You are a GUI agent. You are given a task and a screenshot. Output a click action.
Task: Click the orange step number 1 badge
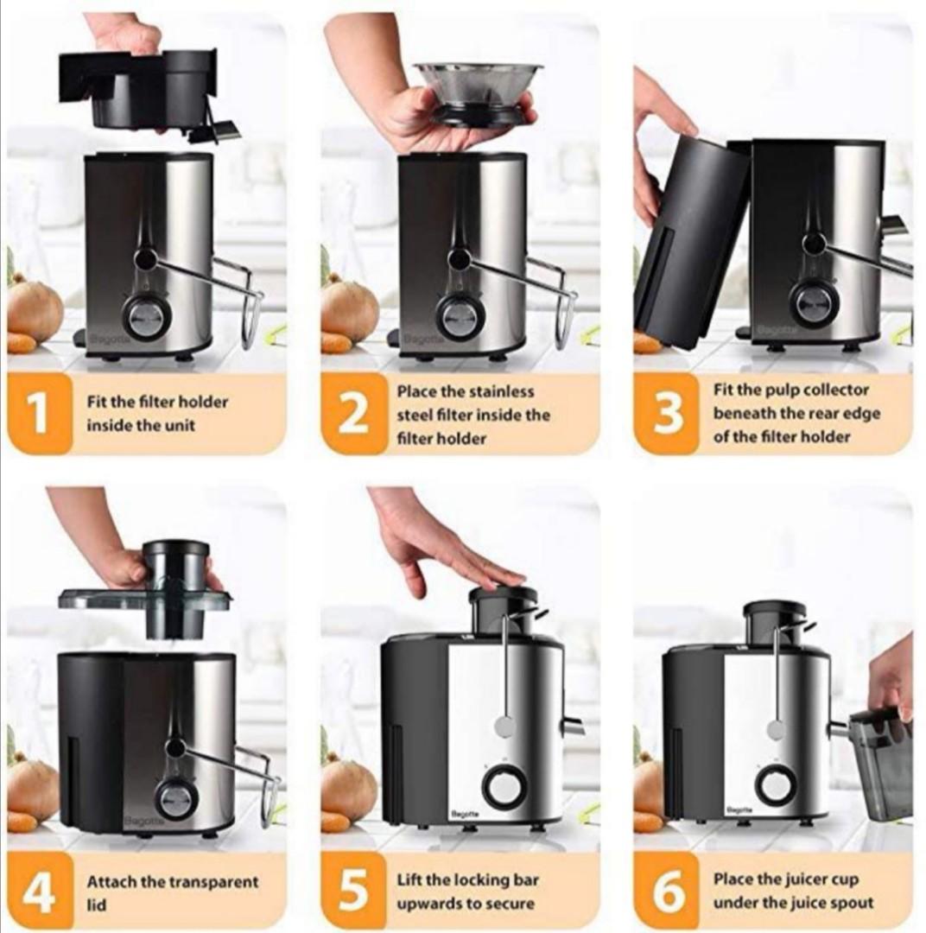coord(39,414)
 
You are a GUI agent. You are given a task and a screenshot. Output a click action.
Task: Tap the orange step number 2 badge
coord(353,414)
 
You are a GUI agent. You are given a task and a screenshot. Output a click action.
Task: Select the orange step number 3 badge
coord(668,414)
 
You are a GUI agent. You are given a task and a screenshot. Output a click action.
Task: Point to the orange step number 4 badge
coord(39,892)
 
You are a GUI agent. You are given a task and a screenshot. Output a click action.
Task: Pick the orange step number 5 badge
coord(353,892)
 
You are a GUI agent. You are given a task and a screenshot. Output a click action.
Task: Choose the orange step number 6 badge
coord(668,892)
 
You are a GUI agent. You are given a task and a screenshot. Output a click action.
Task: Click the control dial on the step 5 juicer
coord(504,787)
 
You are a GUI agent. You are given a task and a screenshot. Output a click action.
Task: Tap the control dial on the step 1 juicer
coord(145,317)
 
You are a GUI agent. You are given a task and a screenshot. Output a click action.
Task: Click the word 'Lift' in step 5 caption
coord(409,880)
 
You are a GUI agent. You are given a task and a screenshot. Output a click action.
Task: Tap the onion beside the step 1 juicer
coord(35,309)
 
